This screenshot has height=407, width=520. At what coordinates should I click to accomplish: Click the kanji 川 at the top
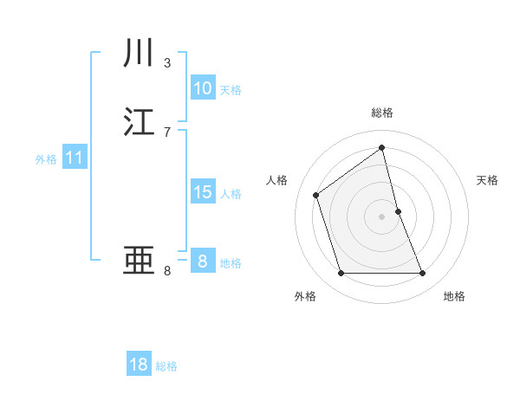coord(140,54)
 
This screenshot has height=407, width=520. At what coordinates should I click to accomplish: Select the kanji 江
coord(140,122)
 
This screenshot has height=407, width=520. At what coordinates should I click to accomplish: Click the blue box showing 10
coord(202,88)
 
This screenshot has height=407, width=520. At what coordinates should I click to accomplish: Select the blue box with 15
coord(202,192)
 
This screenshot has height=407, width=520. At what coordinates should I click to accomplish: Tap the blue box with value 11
coord(74,158)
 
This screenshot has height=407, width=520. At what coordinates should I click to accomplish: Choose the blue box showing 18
coord(139,365)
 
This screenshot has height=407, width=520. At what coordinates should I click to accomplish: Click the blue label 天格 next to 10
coord(231,90)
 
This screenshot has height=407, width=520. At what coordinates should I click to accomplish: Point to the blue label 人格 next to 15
coord(231,194)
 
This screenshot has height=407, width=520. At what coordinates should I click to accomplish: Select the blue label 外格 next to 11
coord(46,159)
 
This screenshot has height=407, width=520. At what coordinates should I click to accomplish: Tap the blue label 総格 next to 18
coord(166,366)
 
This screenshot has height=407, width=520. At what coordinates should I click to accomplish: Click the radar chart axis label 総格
coord(382,113)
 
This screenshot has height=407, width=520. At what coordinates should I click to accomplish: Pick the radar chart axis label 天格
coord(488,180)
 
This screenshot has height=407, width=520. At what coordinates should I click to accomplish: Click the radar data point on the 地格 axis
coord(423,274)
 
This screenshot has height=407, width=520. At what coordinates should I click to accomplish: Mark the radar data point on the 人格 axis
coord(316,195)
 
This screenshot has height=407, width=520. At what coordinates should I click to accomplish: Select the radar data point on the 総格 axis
coord(382,147)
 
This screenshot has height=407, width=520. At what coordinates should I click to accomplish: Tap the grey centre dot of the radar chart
coord(382,216)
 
